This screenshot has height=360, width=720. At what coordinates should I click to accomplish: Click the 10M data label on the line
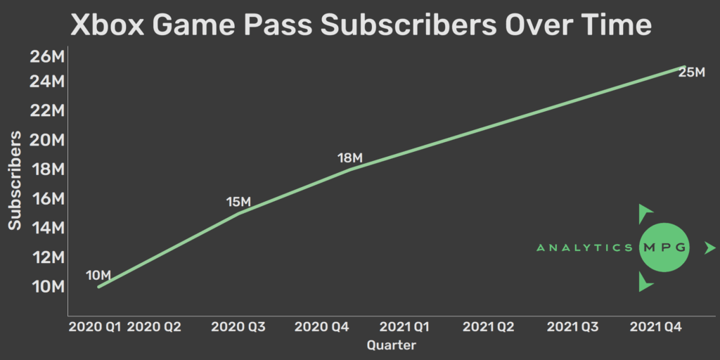tap(98, 275)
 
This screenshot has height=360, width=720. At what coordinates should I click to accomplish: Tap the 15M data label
tap(238, 202)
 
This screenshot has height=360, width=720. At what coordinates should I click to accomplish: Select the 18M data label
tap(349, 158)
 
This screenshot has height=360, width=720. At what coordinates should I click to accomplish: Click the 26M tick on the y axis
tap(48, 56)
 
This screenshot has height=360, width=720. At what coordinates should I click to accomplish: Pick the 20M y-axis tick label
tap(48, 140)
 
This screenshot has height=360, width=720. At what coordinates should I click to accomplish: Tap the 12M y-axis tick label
tap(48, 257)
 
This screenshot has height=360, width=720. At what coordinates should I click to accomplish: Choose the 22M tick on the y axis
tap(48, 110)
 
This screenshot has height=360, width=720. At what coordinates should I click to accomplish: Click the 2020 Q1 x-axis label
tap(95, 326)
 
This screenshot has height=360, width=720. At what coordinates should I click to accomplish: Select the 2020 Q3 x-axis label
tap(237, 326)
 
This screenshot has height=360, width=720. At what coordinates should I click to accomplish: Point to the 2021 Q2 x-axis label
tap(489, 326)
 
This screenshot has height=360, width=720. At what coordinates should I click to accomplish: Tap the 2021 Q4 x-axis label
tap(655, 326)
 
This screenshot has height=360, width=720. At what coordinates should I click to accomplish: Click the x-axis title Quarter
tap(392, 345)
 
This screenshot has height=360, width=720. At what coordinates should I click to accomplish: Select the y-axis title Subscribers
tap(15, 180)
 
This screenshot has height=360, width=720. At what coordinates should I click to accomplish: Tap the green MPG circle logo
tap(664, 247)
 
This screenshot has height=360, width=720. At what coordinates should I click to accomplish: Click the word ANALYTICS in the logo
tap(584, 247)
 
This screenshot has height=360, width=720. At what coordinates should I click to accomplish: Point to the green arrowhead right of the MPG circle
tap(709, 247)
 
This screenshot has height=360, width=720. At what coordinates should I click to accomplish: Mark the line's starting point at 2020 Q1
tap(98, 286)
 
